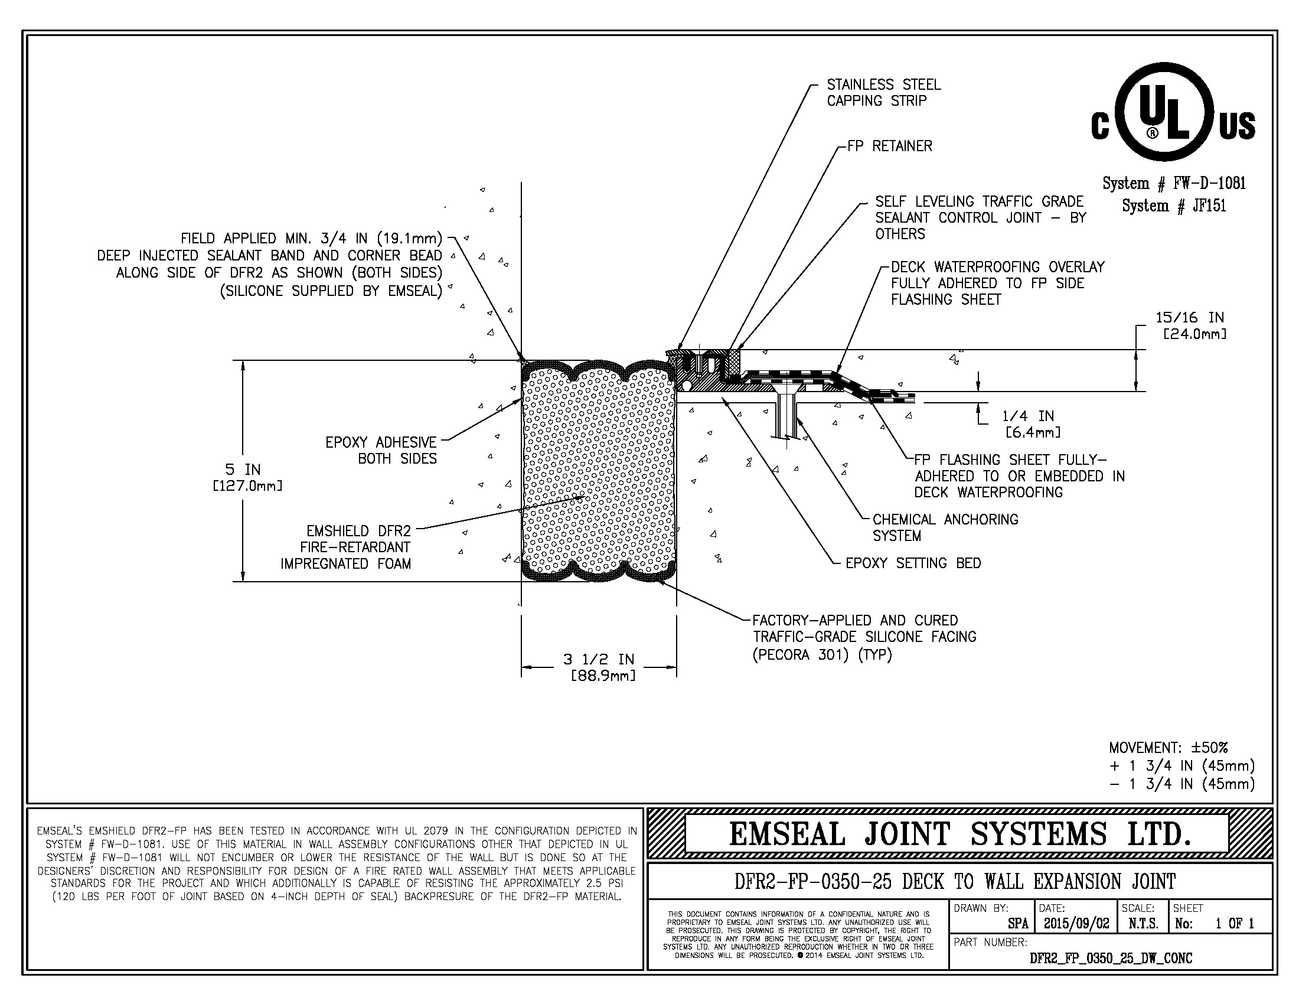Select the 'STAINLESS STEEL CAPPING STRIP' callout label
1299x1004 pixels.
pyautogui.click(x=883, y=93)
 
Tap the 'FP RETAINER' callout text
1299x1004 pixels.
pyautogui.click(x=890, y=146)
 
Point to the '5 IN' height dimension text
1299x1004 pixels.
pyautogui.click(x=243, y=470)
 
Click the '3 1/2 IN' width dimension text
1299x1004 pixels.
pyautogui.click(x=598, y=659)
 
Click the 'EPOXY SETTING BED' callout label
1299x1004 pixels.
pyautogui.click(x=913, y=563)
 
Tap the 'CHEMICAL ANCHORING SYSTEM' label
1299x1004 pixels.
pyautogui.click(x=945, y=527)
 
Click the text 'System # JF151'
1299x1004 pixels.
pyautogui.click(x=1173, y=206)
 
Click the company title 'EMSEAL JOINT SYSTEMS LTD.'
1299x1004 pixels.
pyautogui.click(x=959, y=834)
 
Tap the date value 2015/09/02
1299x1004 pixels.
pyautogui.click(x=1076, y=924)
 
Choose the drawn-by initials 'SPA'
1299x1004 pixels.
pyautogui.click(x=1018, y=924)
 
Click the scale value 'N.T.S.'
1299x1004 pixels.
pyautogui.click(x=1143, y=924)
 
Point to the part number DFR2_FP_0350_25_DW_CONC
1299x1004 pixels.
pyautogui.click(x=1111, y=958)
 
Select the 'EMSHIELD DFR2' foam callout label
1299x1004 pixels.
pyautogui.click(x=358, y=530)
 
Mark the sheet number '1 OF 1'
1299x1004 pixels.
pyautogui.click(x=1234, y=924)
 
